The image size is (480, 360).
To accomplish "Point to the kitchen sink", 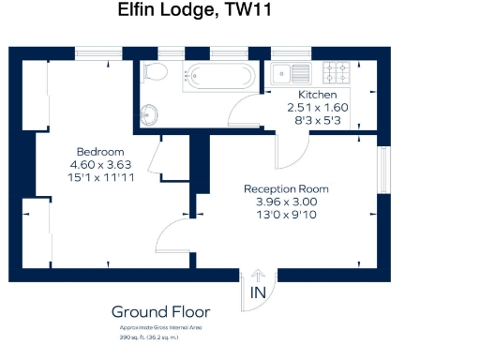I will coord(291,73).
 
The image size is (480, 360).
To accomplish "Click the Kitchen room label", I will coord(318,96).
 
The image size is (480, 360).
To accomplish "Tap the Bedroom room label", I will coord(99,153).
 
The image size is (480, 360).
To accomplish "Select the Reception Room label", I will coord(286,188).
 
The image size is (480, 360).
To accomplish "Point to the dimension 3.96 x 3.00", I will coord(286,202).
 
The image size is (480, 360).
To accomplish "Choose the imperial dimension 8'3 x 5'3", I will coord(317,121).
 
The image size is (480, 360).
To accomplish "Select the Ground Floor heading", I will coord(160,312).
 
